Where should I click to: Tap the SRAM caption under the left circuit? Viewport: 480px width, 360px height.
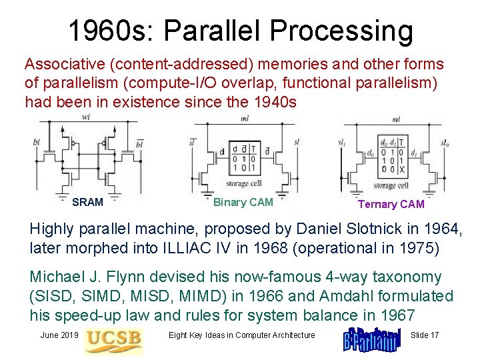pos(87,202)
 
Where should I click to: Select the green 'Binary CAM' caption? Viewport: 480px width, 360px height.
pos(243,202)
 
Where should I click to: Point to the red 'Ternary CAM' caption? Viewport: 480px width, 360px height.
pos(391,204)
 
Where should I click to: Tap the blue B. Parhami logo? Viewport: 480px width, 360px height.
pos(371,338)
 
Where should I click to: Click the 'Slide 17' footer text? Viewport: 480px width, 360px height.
pos(425,335)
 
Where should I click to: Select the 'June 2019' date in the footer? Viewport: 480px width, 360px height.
pos(59,335)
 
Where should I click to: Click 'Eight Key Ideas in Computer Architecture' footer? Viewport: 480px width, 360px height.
pos(241,335)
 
